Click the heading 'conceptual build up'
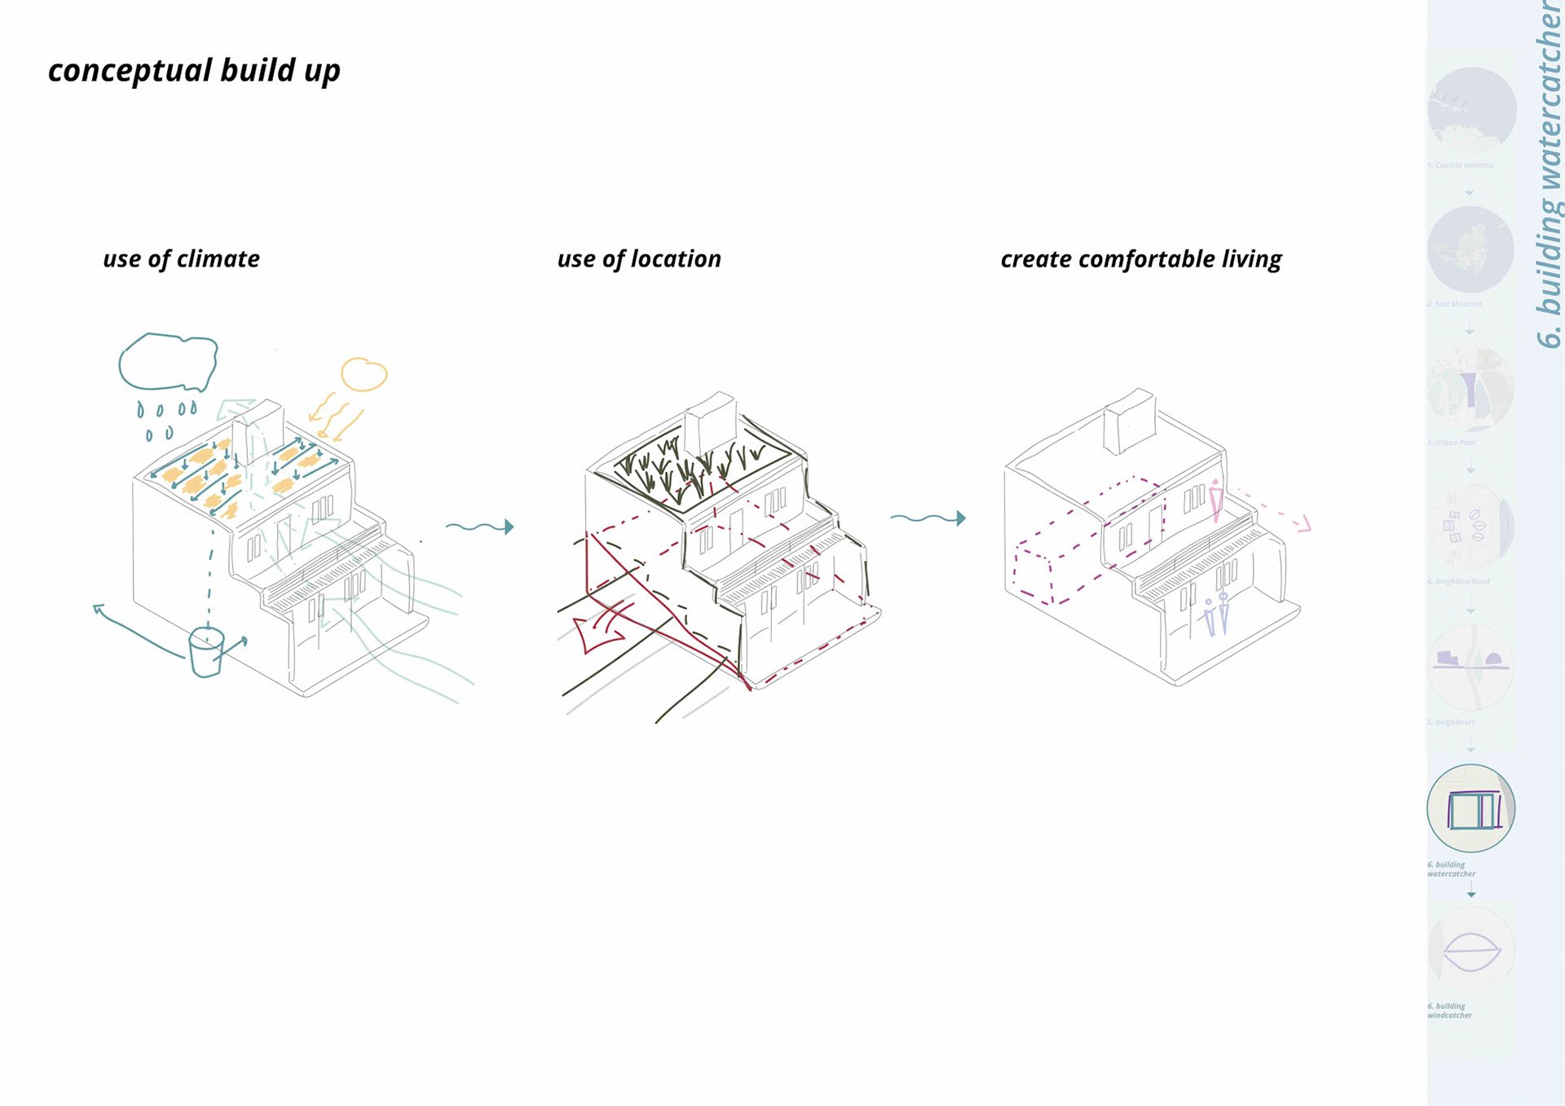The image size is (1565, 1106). click(194, 71)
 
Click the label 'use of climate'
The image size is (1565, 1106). click(181, 259)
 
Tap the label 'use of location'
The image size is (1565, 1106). click(639, 259)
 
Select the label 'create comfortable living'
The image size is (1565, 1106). click(1140, 259)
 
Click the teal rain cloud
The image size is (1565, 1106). click(168, 362)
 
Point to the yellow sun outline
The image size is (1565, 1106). click(363, 375)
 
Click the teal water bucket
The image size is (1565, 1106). click(205, 651)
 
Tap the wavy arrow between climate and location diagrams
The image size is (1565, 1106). click(479, 527)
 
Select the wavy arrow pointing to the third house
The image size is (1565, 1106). click(928, 518)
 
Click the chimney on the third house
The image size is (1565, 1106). click(1129, 421)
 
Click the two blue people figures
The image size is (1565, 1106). click(1216, 615)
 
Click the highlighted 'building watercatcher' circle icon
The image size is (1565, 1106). click(1470, 809)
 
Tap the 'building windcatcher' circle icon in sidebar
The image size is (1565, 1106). click(1471, 950)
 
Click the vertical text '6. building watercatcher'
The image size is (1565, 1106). click(1549, 175)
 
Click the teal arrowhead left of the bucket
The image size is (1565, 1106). click(99, 608)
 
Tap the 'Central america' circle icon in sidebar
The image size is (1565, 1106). click(1471, 110)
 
